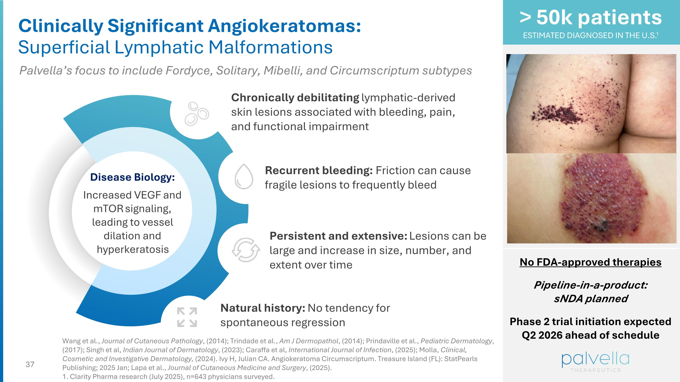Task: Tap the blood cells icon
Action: coord(196,114)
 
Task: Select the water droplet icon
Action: coord(244,177)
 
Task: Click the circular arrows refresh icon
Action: coord(245,250)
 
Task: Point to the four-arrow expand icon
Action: coord(187,317)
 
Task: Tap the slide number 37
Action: coord(30,364)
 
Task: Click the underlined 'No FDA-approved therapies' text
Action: coord(590,262)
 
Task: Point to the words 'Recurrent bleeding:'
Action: coord(319,171)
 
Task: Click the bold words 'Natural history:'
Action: coord(263,308)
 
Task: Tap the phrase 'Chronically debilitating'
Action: coord(295,98)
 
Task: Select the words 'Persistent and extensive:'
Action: coord(338,236)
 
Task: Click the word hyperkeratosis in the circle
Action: coord(133,249)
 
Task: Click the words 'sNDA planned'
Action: coord(590,299)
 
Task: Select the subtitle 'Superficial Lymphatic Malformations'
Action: coord(175,48)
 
